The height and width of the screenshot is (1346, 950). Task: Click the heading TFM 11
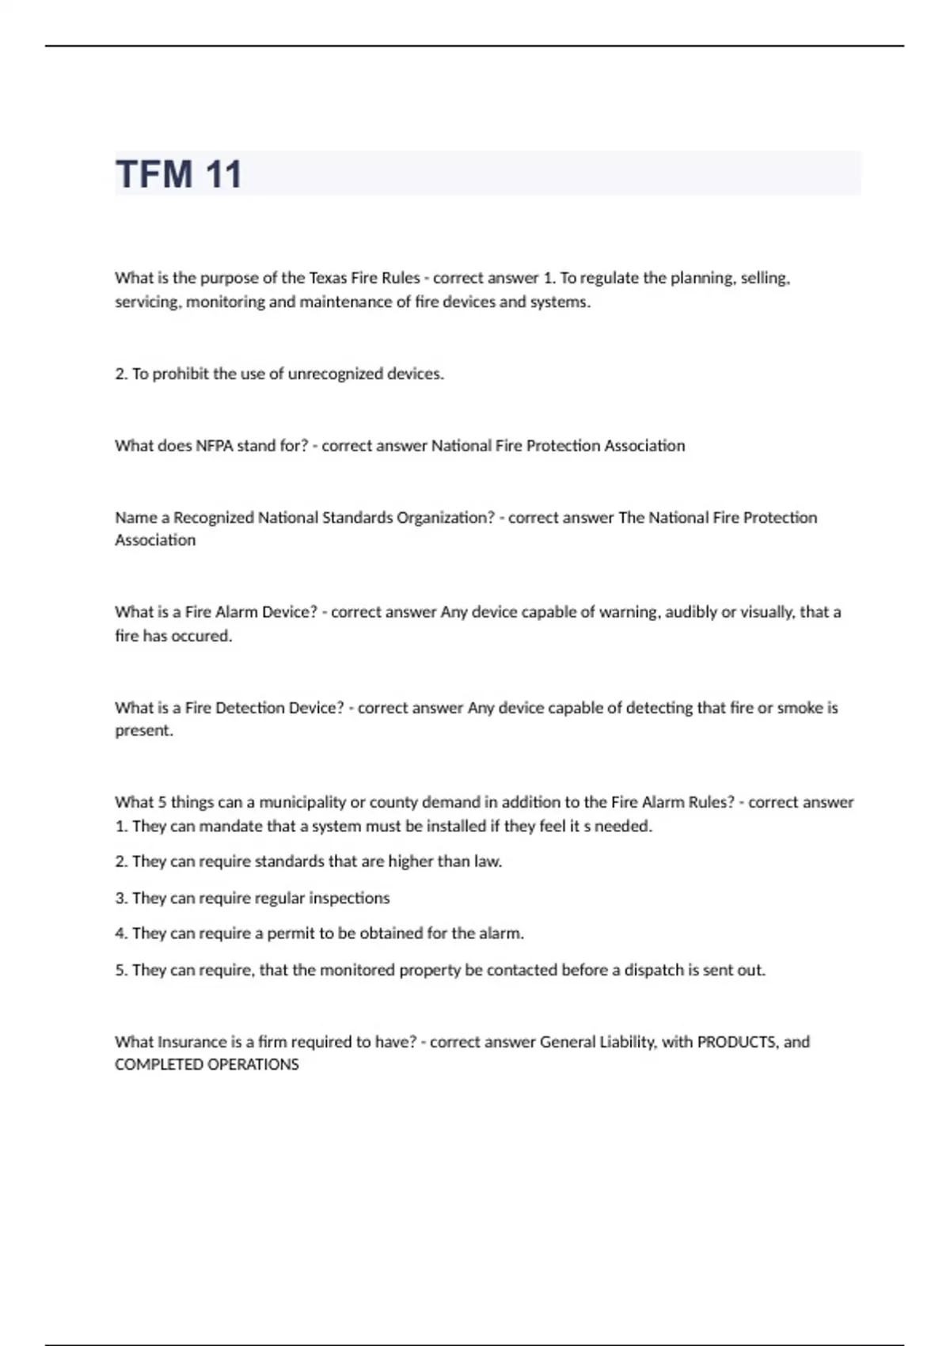click(179, 174)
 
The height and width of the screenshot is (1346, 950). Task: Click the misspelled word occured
click(201, 636)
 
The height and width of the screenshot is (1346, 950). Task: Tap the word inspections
click(349, 898)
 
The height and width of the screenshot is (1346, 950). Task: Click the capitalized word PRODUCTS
click(736, 1042)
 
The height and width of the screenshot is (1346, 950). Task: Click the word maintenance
click(345, 302)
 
